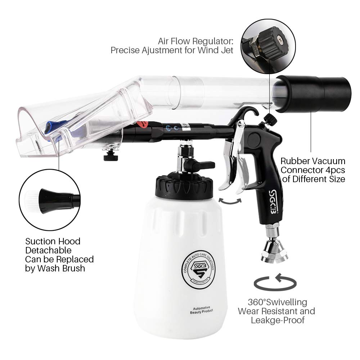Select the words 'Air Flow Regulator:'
pyautogui.click(x=195, y=41)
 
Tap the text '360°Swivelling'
pyautogui.click(x=277, y=302)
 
